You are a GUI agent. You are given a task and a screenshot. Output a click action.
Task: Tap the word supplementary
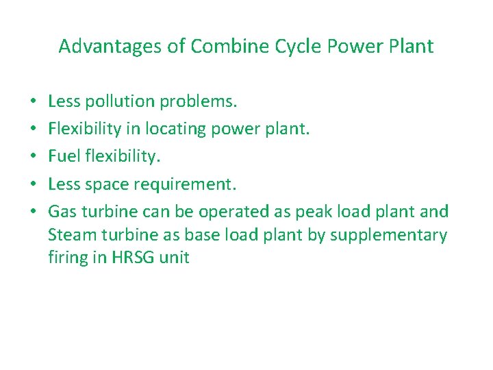click(388, 235)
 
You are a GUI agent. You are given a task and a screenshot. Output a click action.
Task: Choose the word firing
click(69, 258)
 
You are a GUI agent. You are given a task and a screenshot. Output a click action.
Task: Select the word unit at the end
click(174, 258)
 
